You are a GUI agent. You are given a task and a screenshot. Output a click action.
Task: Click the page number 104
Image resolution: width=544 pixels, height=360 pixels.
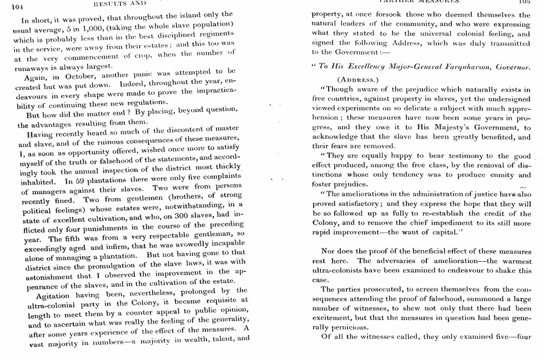point(16,7)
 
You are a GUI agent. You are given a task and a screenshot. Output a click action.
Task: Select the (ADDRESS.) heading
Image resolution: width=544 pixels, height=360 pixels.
point(357,79)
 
